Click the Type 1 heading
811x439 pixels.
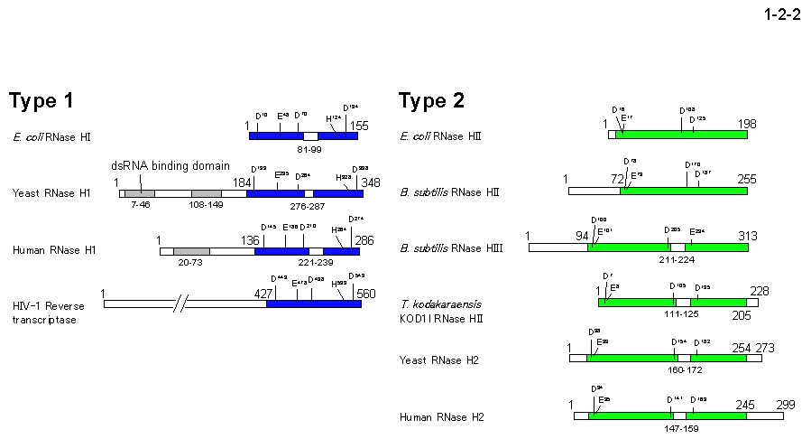click(x=53, y=101)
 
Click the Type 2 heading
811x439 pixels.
click(x=432, y=101)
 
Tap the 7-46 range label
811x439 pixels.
click(x=140, y=206)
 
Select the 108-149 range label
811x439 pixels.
click(x=206, y=206)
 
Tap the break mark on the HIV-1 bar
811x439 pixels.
click(x=186, y=304)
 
